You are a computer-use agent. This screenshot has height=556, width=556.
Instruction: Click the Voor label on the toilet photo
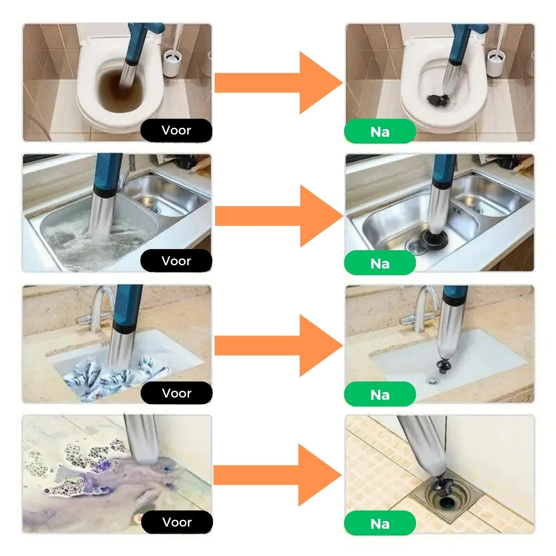(176, 130)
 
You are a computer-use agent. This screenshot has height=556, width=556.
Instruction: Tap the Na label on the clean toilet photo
(380, 132)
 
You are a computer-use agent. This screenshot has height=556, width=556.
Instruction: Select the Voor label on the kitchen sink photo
(176, 261)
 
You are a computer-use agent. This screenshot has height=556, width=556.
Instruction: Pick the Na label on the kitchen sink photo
(380, 264)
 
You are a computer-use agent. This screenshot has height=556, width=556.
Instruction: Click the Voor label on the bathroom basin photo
(177, 393)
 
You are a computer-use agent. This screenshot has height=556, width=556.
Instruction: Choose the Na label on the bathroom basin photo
(380, 395)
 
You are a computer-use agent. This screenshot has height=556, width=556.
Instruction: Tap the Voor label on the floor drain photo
(177, 522)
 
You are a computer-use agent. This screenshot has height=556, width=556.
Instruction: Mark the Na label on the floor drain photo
(380, 524)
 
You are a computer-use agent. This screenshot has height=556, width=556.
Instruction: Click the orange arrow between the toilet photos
(279, 83)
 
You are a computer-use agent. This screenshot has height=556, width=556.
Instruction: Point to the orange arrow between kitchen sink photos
(279, 216)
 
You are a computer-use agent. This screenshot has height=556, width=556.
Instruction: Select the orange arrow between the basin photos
(279, 345)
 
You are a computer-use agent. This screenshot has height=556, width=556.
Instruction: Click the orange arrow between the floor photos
(277, 475)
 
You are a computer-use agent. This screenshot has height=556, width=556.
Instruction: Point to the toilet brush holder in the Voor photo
(172, 63)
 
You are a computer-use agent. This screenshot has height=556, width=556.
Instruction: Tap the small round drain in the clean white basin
(432, 381)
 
